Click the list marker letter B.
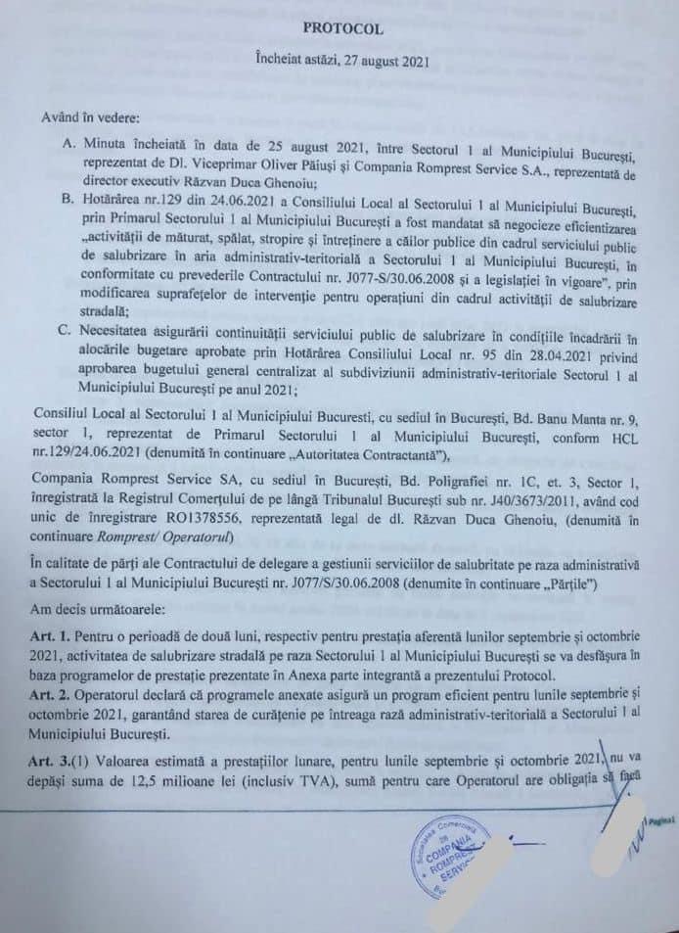point(68,199)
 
